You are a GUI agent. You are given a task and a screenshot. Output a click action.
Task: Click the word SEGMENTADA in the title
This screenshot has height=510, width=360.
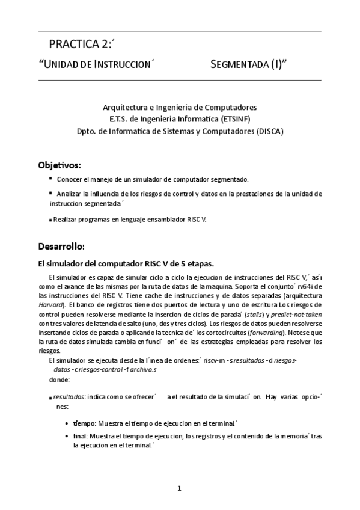point(244,65)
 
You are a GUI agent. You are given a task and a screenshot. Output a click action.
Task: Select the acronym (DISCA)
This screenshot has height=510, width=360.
point(269,129)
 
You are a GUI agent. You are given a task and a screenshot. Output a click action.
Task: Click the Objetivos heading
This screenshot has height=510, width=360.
point(59,164)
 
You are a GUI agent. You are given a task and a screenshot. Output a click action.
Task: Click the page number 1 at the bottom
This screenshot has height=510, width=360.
point(179,488)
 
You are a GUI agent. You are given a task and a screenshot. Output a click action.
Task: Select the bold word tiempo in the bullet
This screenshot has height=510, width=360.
point(84,423)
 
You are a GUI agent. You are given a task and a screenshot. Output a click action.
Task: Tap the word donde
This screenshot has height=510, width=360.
point(59,380)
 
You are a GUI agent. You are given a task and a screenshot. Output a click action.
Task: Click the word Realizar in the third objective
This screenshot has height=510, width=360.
point(67,220)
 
